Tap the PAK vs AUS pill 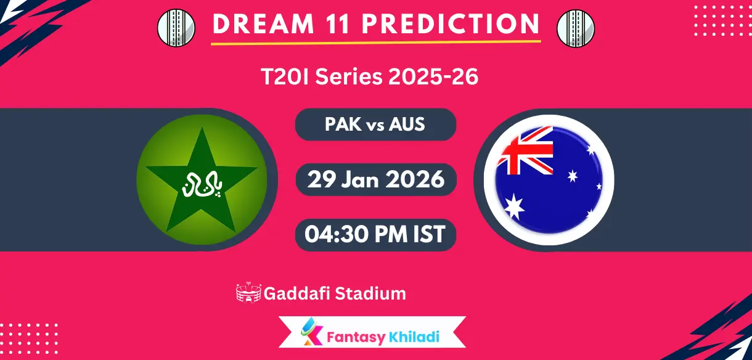(375, 125)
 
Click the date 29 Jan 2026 (375, 179)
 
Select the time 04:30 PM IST (375, 234)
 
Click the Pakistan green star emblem (202, 179)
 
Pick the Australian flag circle (549, 179)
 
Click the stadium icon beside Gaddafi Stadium (249, 293)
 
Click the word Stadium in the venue (370, 293)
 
